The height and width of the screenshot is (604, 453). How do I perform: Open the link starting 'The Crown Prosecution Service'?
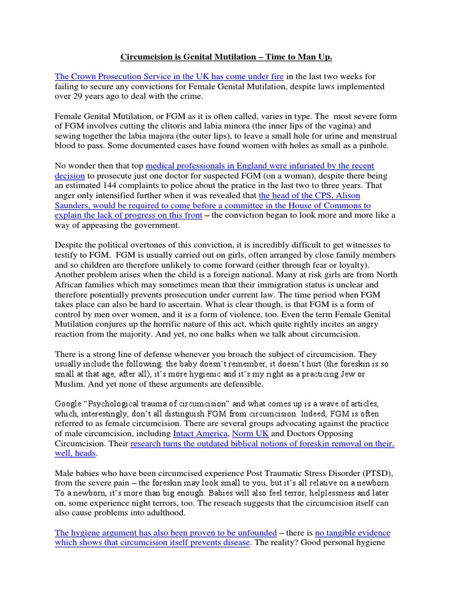(x=169, y=76)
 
